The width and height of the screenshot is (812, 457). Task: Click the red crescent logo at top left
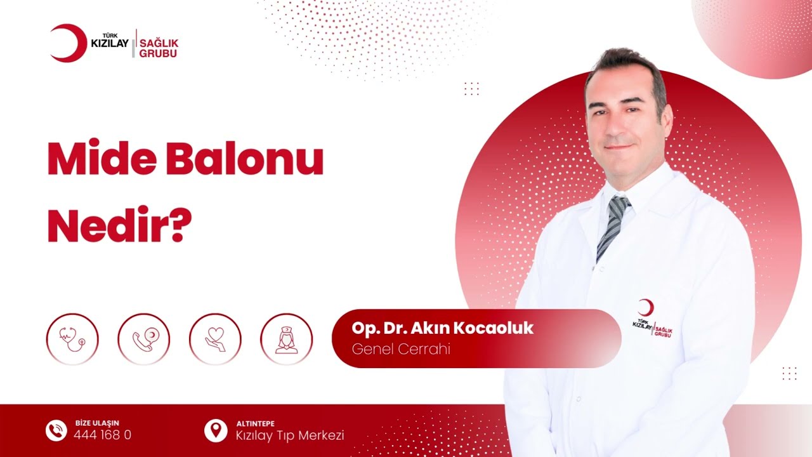pyautogui.click(x=67, y=43)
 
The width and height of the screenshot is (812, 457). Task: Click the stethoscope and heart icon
pyautogui.click(x=72, y=339)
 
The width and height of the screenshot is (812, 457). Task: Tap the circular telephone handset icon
pyautogui.click(x=143, y=339)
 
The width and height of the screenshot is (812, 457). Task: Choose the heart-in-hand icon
pyautogui.click(x=215, y=339)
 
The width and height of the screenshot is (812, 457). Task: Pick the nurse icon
pyautogui.click(x=286, y=339)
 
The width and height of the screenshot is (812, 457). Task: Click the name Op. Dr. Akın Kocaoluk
pyautogui.click(x=442, y=328)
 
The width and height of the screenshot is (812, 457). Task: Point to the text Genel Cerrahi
pyautogui.click(x=400, y=349)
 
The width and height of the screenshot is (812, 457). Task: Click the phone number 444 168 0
pyautogui.click(x=102, y=435)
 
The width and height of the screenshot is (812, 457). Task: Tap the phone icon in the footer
pyautogui.click(x=56, y=431)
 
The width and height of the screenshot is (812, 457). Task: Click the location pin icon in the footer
pyautogui.click(x=216, y=431)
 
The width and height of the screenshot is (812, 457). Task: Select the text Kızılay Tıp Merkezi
pyautogui.click(x=290, y=435)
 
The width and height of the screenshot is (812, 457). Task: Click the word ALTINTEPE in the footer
pyautogui.click(x=255, y=423)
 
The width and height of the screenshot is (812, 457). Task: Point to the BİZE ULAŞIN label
pyautogui.click(x=96, y=423)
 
